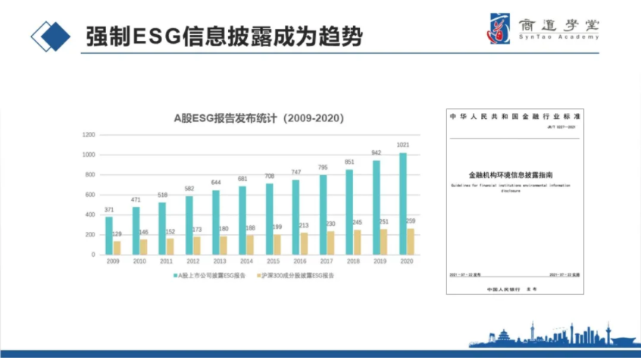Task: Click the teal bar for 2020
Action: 402,204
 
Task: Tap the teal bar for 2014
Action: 242,221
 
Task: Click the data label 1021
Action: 403,145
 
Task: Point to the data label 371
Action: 109,209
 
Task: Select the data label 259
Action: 411,221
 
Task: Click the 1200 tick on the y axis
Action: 89,135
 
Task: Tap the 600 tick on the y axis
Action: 90,195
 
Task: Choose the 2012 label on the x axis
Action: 194,261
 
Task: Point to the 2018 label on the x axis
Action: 354,261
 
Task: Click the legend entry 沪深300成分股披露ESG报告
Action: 298,276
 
